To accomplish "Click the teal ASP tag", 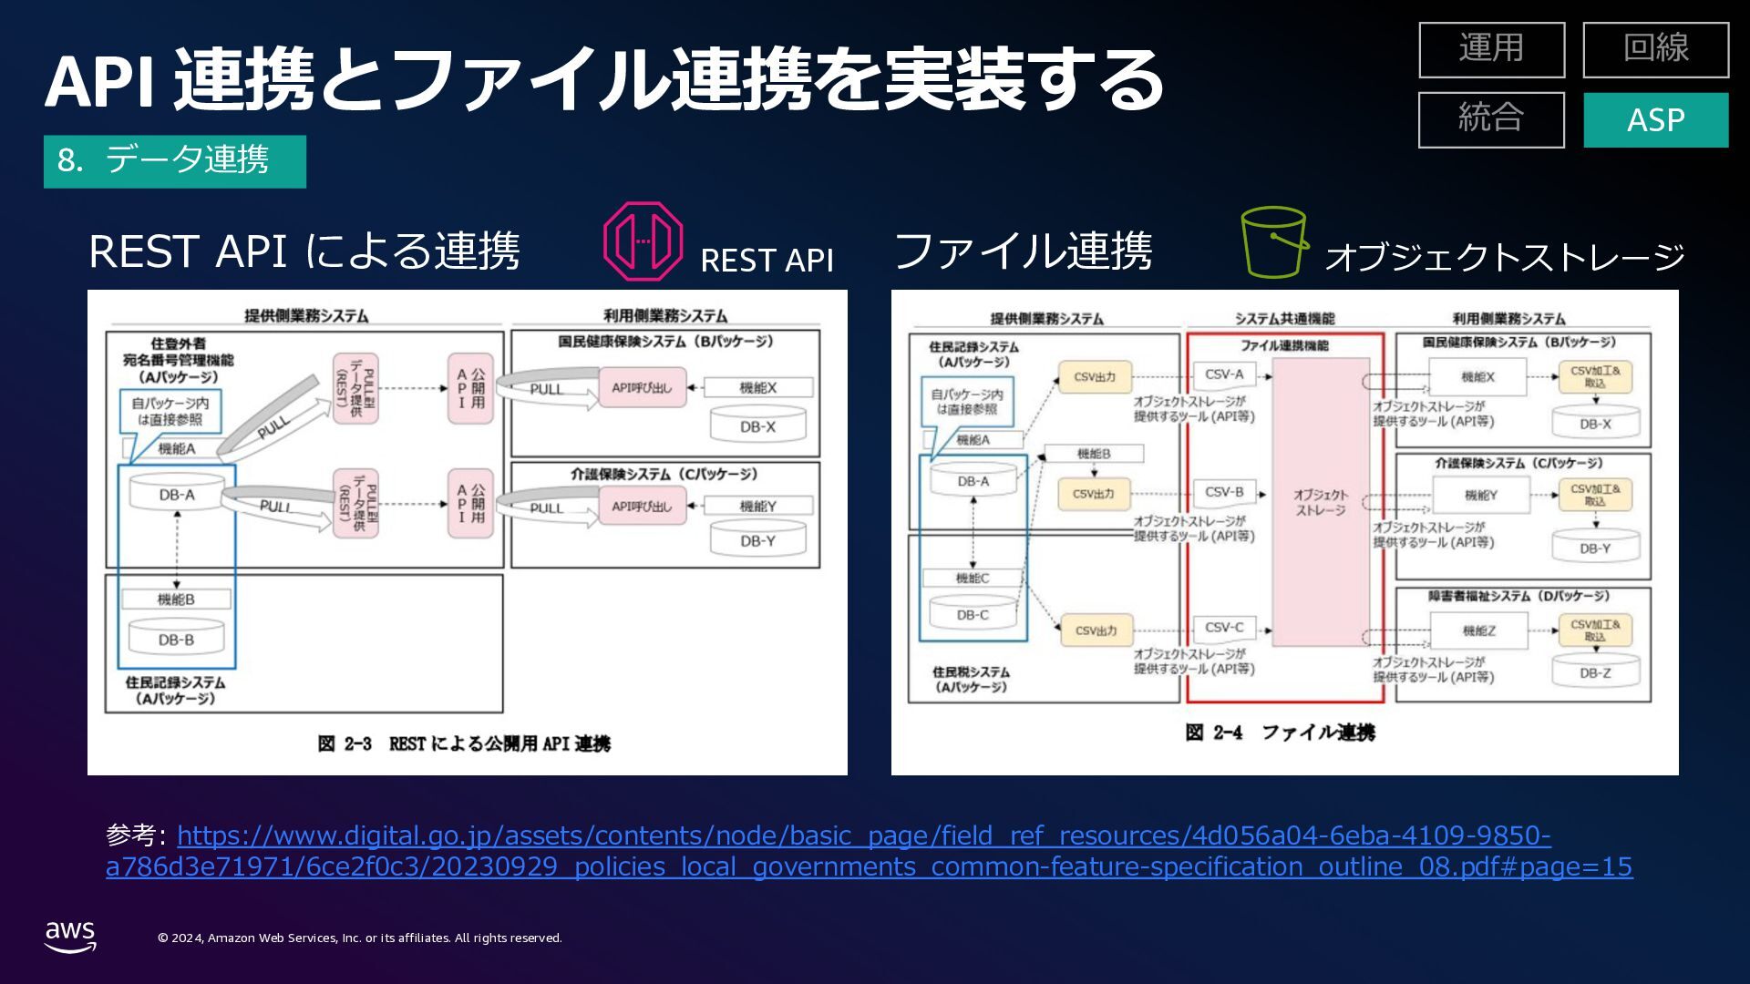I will (x=1655, y=119).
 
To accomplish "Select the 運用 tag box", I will (x=1491, y=49).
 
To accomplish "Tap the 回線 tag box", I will (x=1655, y=49).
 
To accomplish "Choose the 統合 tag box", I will (x=1491, y=119).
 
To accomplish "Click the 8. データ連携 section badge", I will (x=174, y=161).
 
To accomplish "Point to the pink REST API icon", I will (x=643, y=241).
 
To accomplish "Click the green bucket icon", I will (x=1273, y=241).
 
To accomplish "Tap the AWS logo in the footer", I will (x=70, y=937).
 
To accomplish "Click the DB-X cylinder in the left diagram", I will (x=757, y=425).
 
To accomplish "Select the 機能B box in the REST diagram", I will (x=176, y=599).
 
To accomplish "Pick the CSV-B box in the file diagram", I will (x=1223, y=492).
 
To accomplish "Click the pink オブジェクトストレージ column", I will (x=1320, y=502).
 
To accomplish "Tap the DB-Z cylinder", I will (x=1595, y=672).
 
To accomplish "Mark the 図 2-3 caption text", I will (x=464, y=743).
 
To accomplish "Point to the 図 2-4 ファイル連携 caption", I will (x=1280, y=733).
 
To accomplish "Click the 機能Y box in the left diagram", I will (x=757, y=506).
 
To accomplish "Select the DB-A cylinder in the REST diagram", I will (x=177, y=494).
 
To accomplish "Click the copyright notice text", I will (x=360, y=938).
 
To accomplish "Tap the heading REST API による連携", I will (x=304, y=251).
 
